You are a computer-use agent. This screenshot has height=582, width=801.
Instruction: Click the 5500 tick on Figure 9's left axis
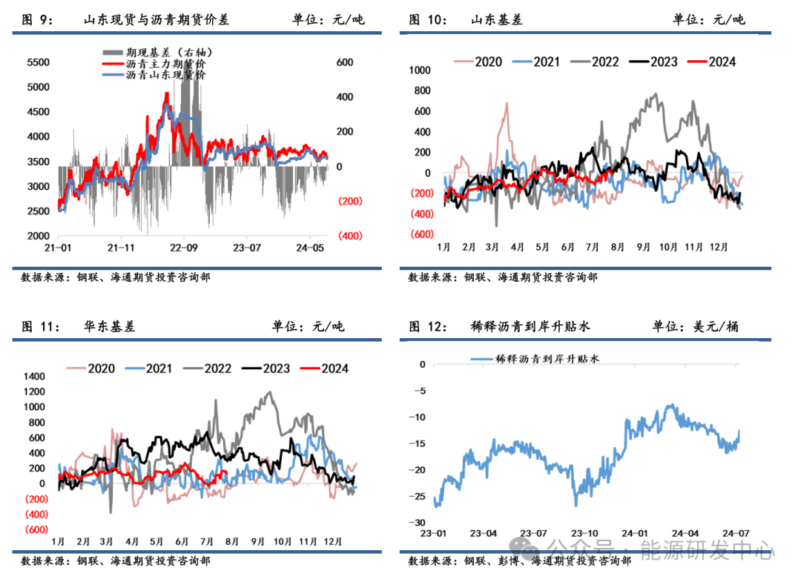tap(38, 62)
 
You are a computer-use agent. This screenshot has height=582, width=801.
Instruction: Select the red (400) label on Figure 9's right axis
tap(350, 236)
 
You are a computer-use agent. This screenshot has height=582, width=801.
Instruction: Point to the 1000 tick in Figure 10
tap(420, 70)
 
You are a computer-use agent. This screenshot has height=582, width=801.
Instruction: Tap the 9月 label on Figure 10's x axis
tap(643, 247)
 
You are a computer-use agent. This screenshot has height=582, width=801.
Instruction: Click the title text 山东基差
tap(496, 20)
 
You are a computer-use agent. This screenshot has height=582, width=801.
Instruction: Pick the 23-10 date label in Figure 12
tap(585, 533)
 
